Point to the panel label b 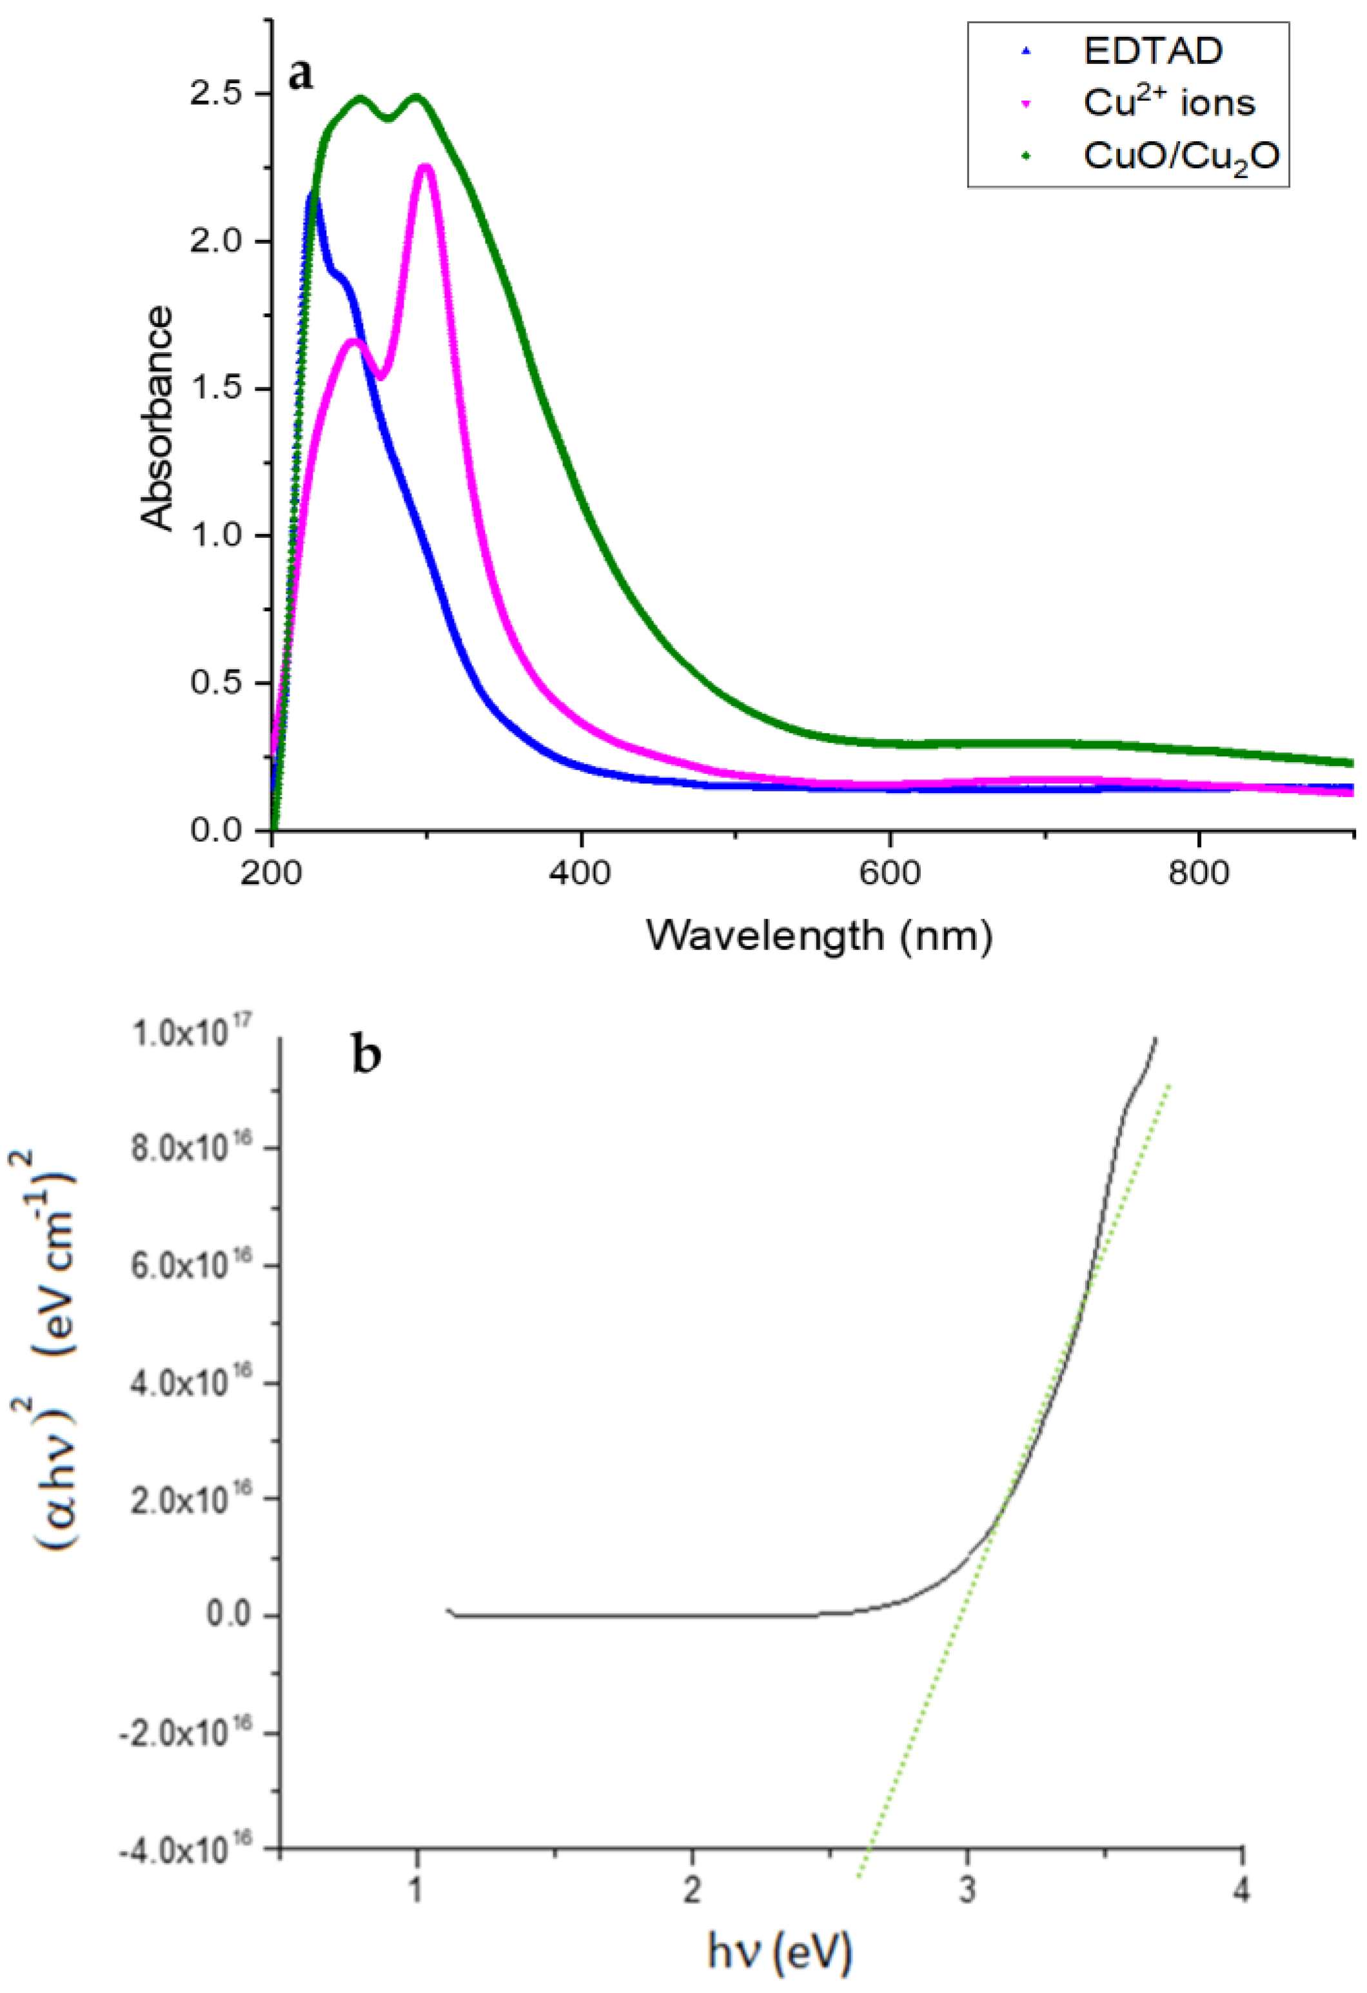click(x=366, y=1057)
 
